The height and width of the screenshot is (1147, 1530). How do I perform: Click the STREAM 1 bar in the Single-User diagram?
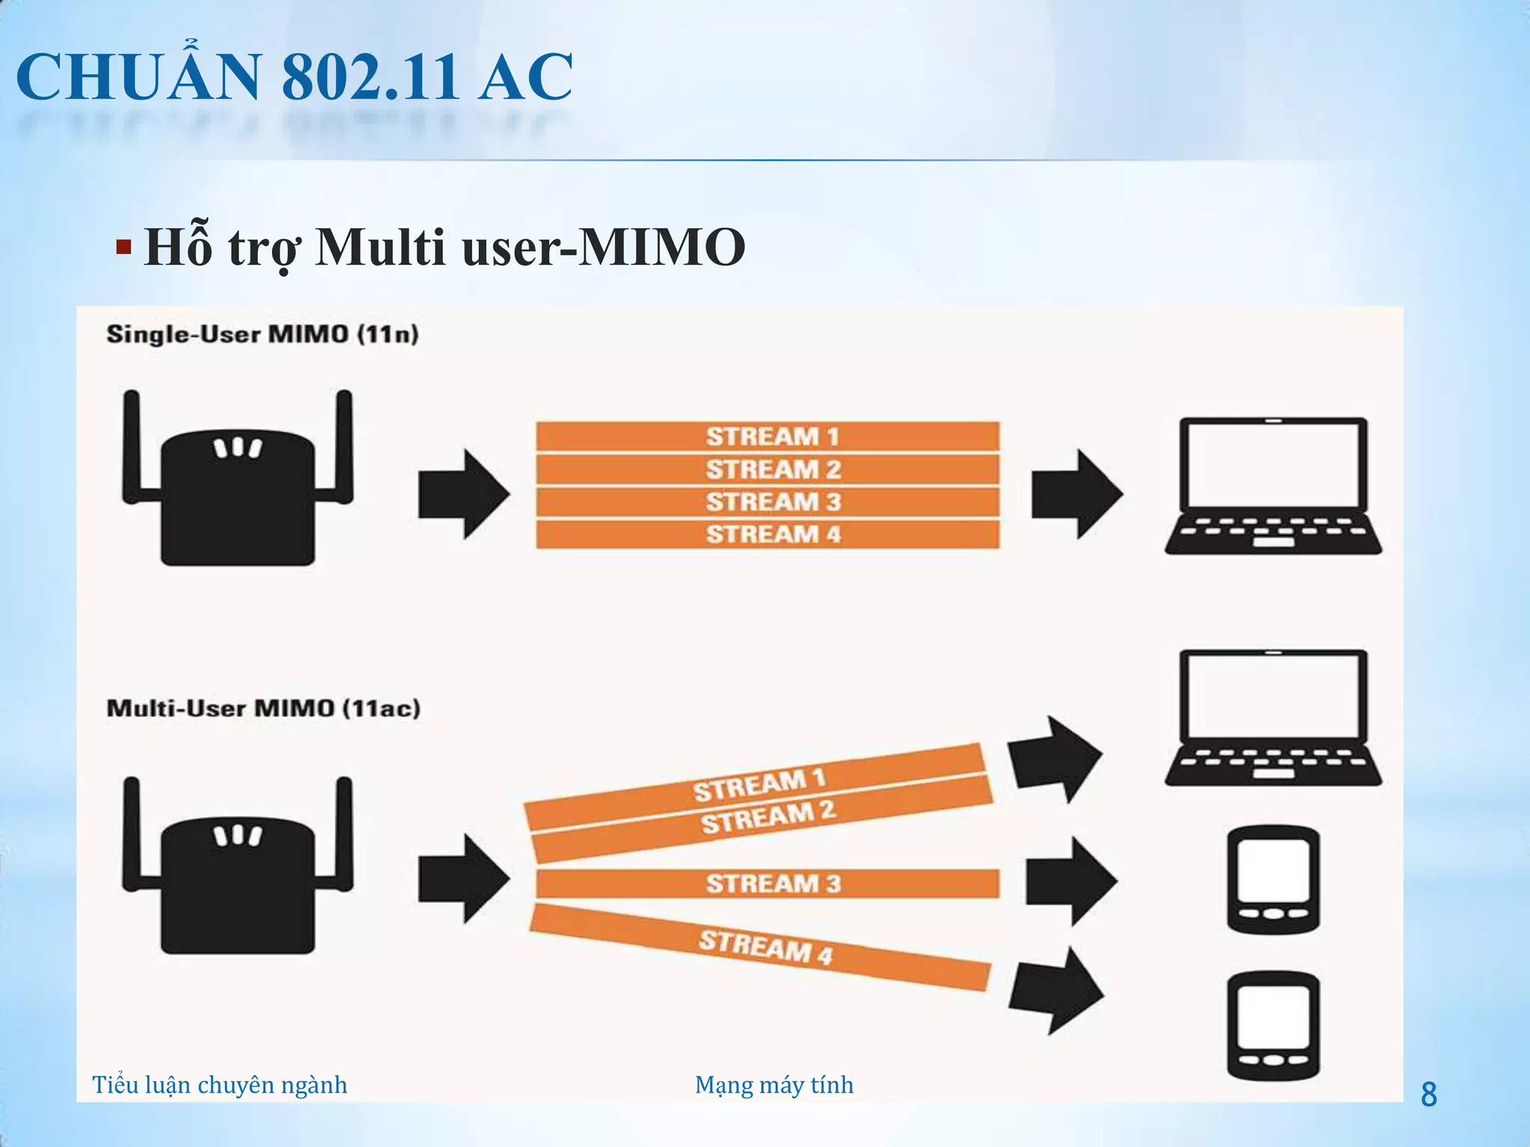pos(767,436)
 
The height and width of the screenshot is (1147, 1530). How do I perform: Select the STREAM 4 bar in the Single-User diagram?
pos(767,535)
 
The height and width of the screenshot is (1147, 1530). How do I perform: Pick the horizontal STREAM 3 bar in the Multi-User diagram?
pos(767,883)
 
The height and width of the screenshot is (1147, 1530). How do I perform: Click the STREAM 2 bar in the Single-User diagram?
pos(767,469)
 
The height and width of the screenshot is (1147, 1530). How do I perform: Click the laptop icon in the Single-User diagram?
pos(1273,485)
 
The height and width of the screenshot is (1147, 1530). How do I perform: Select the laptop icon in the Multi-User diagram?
pos(1273,717)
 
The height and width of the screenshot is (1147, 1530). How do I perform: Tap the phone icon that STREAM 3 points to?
pos(1273,880)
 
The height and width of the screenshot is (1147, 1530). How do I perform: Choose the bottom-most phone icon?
pos(1273,1025)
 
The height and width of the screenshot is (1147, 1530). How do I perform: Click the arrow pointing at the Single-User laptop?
pos(1077,494)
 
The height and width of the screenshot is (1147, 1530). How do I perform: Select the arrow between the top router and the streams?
pos(463,494)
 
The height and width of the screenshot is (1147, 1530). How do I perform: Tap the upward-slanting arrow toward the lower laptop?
pos(1053,759)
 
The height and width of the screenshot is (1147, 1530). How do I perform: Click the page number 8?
pos(1428,1095)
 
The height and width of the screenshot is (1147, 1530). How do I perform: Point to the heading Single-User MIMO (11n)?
pos(262,334)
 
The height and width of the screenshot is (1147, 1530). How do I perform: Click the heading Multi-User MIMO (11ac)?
pos(263,708)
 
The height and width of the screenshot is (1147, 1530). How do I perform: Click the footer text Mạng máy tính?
pos(774,1084)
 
